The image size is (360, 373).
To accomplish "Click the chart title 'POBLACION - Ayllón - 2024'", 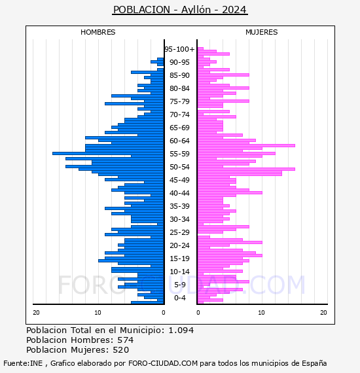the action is point(180,10).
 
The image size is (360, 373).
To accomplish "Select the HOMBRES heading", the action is point(98,32).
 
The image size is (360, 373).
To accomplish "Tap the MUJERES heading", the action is point(262,32).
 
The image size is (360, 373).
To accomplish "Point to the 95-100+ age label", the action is point(179,49).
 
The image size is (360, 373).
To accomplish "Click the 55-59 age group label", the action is point(179,154).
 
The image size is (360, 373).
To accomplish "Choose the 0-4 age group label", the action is point(179,298).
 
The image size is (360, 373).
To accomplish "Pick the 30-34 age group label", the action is point(179,219).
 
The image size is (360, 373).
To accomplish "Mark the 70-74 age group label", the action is point(179,115).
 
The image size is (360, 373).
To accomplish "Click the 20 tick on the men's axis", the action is point(36,312).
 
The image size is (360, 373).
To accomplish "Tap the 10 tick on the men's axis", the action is point(98,312).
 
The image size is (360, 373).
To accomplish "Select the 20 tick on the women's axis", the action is point(323,312).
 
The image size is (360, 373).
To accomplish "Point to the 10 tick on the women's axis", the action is point(262,312).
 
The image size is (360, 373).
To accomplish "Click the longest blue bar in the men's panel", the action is point(108,153).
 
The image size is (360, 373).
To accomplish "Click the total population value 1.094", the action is point(181,330).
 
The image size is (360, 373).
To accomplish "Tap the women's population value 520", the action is point(121,349).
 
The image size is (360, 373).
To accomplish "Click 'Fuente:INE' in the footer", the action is point(23,363).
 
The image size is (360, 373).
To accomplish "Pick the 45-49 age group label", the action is point(179,180).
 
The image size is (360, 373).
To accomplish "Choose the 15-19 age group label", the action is point(179,258).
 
